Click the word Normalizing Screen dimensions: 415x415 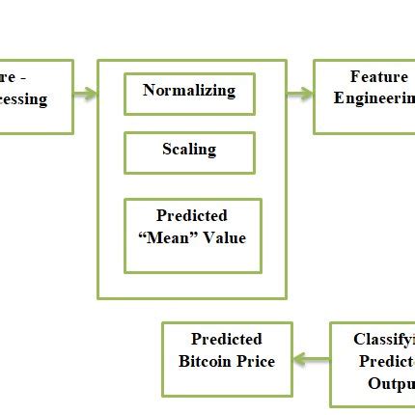189,91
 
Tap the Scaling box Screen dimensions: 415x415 189,152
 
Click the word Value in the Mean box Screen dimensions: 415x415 223,238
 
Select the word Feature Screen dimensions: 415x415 378,76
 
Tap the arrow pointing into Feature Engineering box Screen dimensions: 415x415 299,94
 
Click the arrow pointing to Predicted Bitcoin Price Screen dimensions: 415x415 311,360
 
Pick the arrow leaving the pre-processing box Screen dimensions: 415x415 86,94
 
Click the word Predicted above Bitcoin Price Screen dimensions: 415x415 226,340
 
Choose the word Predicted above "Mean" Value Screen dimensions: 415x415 192,216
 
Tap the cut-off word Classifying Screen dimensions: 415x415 383,340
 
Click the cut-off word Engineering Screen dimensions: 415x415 373,98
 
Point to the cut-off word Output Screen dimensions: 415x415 390,384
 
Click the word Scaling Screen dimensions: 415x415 189,150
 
